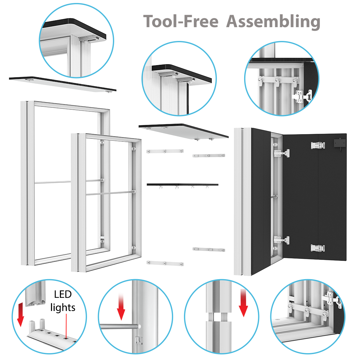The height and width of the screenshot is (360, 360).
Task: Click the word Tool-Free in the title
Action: [181, 22]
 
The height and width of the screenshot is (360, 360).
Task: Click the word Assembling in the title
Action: [273, 22]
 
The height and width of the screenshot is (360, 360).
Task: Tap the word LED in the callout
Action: [63, 295]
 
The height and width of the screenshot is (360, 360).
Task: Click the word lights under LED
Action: [63, 308]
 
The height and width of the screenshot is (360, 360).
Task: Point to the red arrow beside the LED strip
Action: [20, 315]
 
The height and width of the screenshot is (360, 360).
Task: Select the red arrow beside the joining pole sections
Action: [243, 303]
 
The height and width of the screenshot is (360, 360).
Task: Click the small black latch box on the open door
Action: [339, 143]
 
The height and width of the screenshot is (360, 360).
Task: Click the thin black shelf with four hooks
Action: [182, 185]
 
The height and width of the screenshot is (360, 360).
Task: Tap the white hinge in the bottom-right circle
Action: [334, 299]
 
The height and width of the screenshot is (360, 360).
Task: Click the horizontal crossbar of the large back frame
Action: [52, 182]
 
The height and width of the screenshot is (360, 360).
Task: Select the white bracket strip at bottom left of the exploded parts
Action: [165, 263]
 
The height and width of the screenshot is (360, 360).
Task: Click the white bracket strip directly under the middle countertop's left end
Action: [165, 151]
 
